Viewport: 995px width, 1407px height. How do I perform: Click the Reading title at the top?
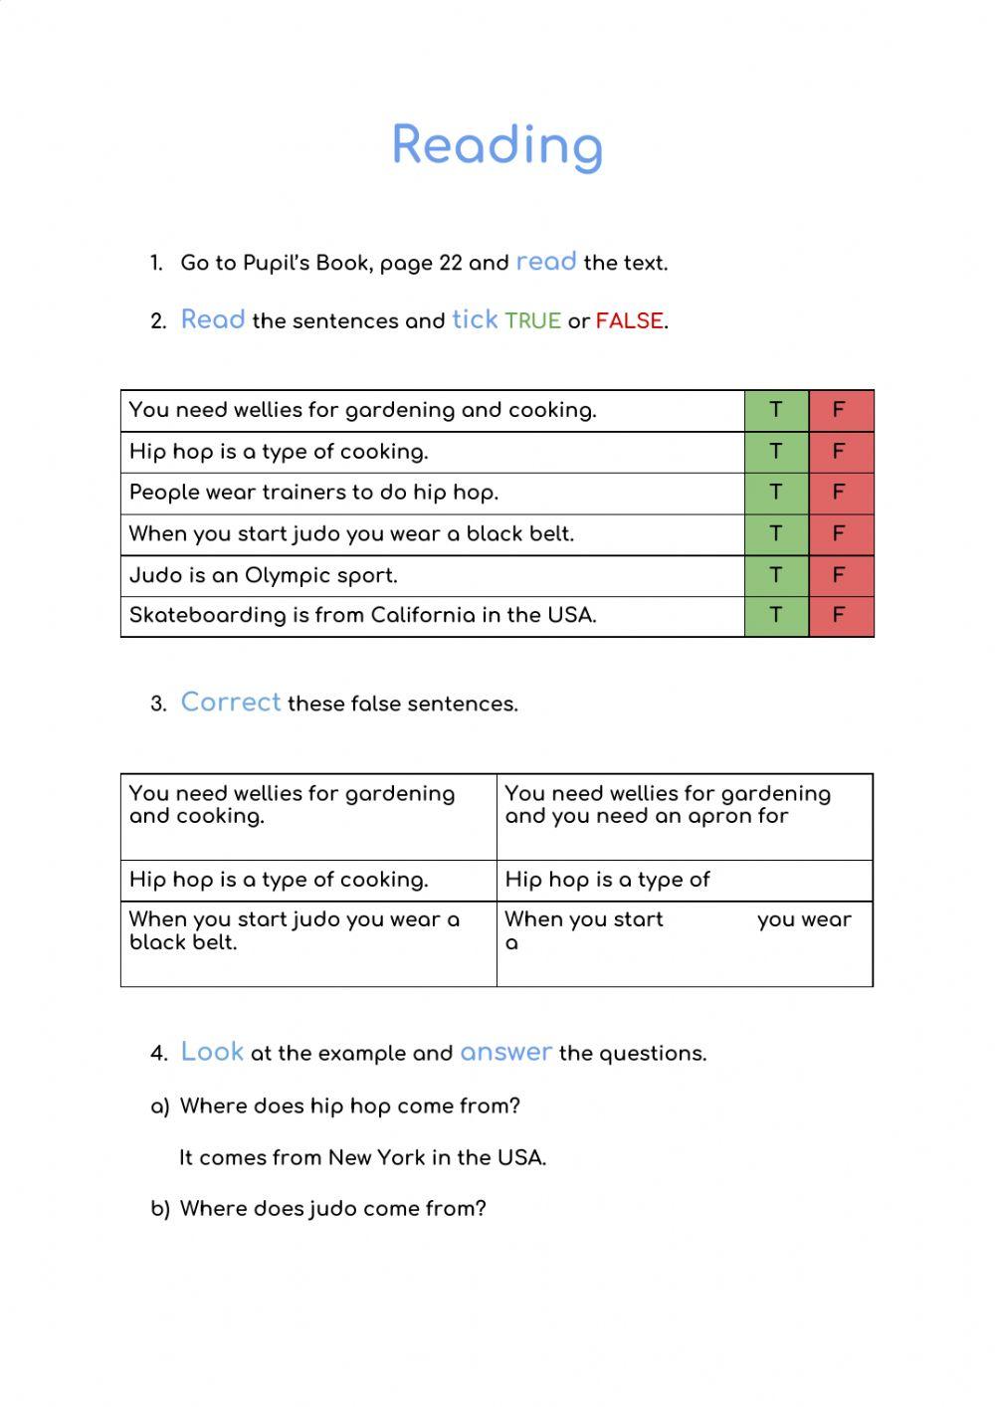(497, 145)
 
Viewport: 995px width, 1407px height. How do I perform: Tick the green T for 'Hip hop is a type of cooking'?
(776, 452)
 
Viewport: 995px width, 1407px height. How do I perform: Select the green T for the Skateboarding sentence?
(776, 615)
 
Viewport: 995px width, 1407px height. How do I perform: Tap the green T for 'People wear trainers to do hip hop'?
(776, 493)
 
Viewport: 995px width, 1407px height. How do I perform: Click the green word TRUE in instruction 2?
(532, 321)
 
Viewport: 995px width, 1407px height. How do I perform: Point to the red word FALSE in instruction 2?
(629, 321)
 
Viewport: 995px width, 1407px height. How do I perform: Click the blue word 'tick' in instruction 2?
(475, 319)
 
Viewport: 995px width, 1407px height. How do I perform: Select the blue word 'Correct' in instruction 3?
(231, 703)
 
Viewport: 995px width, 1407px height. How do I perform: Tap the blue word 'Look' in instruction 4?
(212, 1052)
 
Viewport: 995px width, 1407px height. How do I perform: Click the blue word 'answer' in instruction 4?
(505, 1053)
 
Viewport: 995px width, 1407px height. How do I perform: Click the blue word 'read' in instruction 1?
(546, 262)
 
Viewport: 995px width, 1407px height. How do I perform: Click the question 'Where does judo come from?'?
(332, 1209)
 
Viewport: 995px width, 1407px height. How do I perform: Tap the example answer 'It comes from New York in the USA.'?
(363, 1158)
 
